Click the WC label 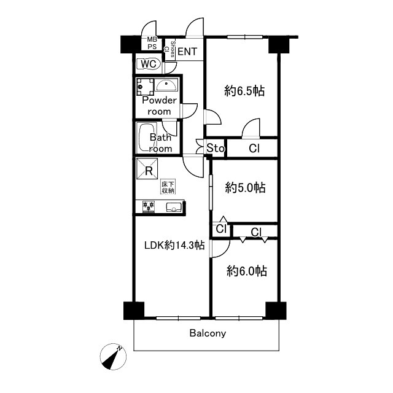[x=149, y=64]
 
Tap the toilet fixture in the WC [x=149, y=64]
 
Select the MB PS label [x=152, y=43]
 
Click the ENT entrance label [x=187, y=52]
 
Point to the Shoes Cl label [x=169, y=49]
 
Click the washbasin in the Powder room [x=166, y=85]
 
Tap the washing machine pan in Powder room [x=145, y=87]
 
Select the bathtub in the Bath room [x=147, y=138]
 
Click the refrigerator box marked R [x=147, y=169]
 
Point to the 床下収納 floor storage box [x=168, y=187]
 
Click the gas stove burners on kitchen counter [x=149, y=207]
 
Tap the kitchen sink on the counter [x=174, y=208]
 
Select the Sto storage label [x=216, y=149]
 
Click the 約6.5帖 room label [x=244, y=91]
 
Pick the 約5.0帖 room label [x=246, y=187]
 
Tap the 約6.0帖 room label [x=247, y=271]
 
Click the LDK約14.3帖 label [x=174, y=245]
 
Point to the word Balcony [x=208, y=333]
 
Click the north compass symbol [x=113, y=357]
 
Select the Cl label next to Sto [x=254, y=149]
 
